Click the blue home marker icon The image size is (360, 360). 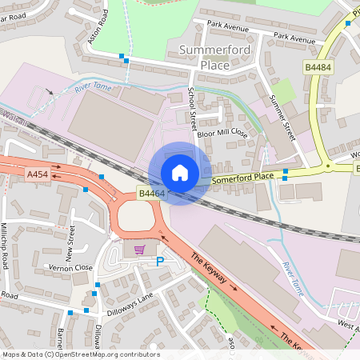(180, 173)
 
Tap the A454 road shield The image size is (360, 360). (38, 174)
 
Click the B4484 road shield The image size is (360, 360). (318, 68)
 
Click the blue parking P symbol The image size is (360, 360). (158, 262)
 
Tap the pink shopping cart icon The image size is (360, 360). (139, 250)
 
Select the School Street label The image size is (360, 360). (193, 108)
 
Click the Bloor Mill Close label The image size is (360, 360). (222, 134)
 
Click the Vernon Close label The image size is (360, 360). (70, 267)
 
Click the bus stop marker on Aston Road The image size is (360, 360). (123, 58)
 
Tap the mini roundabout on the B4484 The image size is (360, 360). (327, 167)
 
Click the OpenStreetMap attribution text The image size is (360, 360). (80, 354)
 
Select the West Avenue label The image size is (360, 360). (347, 326)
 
